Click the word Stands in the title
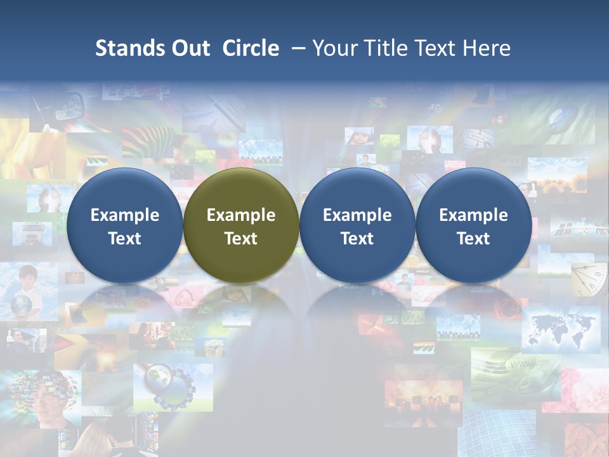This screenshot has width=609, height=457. coord(125,48)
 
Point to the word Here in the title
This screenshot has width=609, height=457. coord(486,48)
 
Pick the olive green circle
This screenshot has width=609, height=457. coord(241,225)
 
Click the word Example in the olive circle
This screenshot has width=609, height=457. coord(241,215)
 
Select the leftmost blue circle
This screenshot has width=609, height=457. coord(124,225)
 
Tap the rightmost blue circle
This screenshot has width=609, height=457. coord(473,225)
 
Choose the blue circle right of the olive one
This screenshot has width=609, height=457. coord(357,225)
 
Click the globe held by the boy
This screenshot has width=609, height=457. coord(21,305)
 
